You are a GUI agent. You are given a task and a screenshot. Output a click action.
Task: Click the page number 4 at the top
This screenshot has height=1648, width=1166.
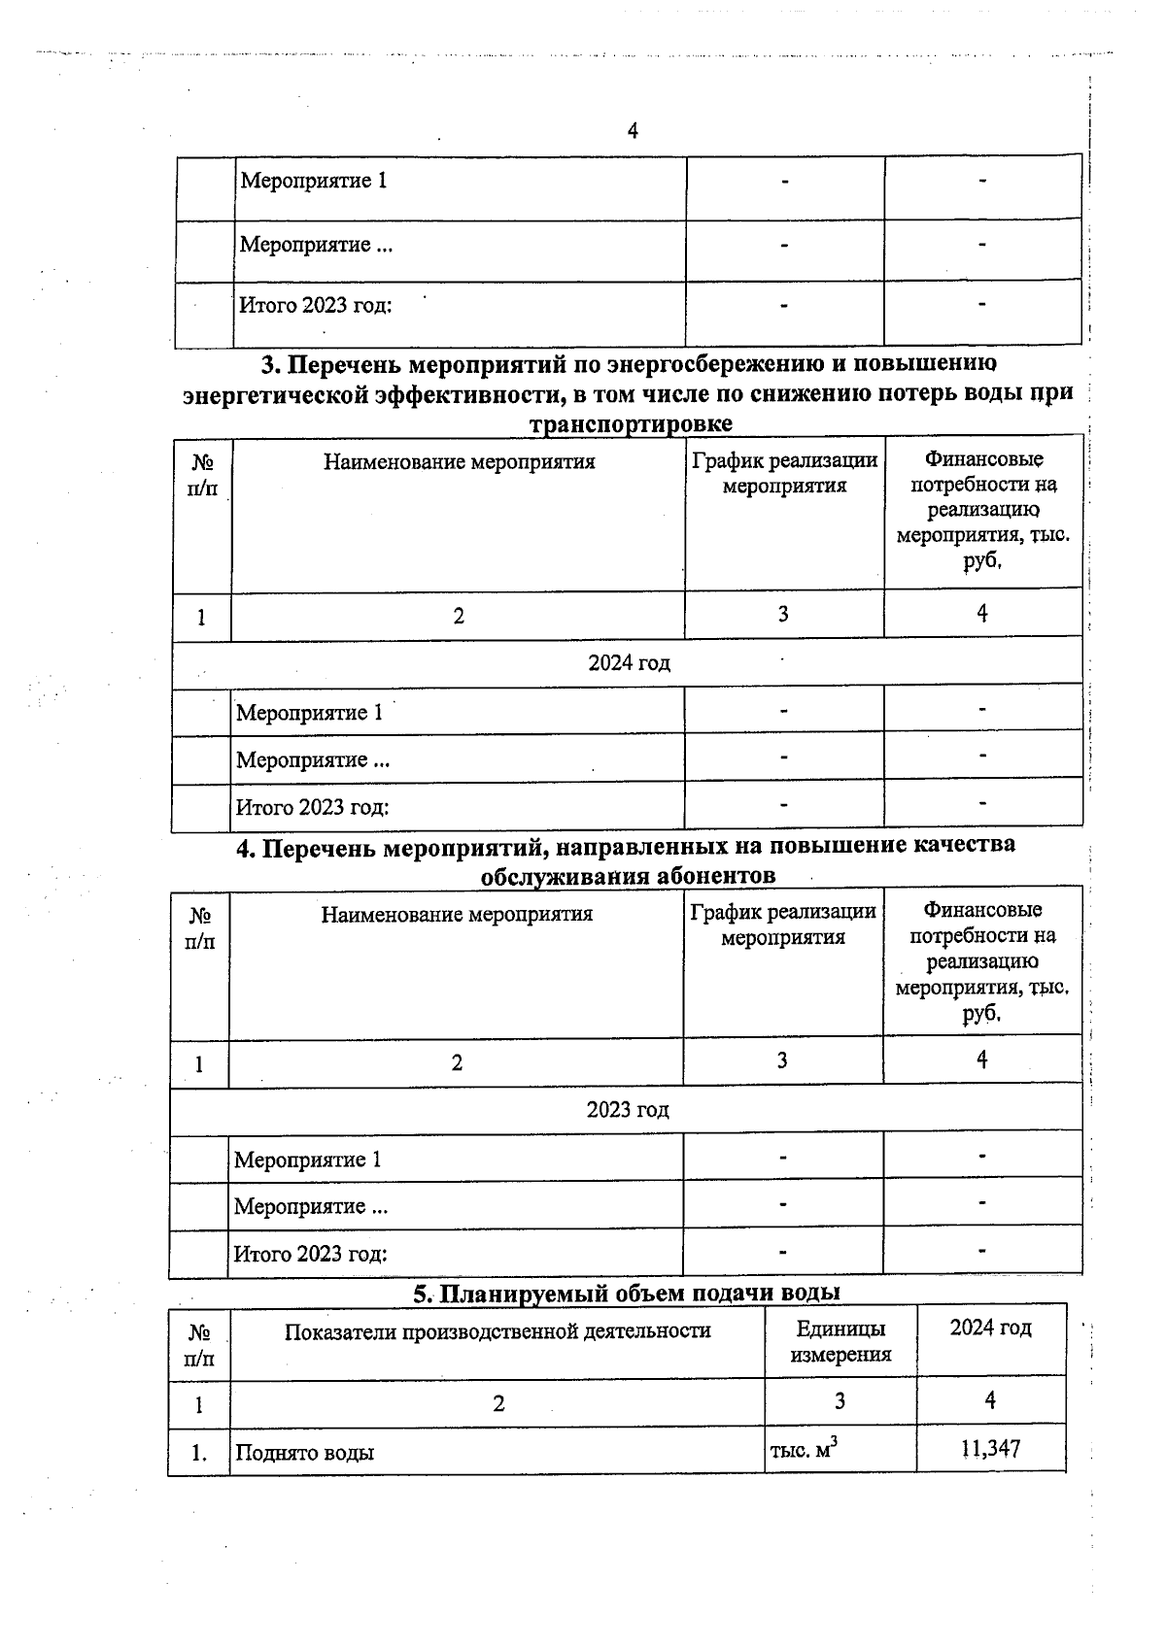[633, 131]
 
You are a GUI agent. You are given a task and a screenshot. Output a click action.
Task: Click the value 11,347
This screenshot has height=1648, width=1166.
[990, 1450]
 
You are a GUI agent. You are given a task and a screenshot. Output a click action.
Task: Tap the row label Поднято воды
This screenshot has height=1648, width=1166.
[304, 1453]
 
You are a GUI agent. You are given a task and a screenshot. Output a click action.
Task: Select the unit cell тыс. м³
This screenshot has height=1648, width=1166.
[804, 1451]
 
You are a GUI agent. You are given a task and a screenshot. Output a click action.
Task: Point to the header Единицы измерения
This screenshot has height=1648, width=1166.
[840, 1341]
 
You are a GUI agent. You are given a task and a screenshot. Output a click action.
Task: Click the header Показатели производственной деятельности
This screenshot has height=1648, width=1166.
[497, 1330]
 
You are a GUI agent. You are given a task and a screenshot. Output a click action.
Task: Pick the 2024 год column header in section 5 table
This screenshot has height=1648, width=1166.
[990, 1328]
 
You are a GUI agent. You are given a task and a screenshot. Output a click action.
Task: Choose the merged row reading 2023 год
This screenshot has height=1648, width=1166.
[628, 1109]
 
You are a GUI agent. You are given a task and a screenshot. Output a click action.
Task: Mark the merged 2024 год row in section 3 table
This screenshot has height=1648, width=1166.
[629, 662]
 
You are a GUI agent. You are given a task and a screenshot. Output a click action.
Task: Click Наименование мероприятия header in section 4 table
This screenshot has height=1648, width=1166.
[457, 914]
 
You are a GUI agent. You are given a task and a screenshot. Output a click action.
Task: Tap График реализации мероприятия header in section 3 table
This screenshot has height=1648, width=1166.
[784, 473]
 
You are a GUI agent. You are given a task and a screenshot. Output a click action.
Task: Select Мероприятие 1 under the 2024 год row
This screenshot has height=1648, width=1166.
[309, 713]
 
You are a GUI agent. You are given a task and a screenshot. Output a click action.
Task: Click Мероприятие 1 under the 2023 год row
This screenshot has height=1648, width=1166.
[307, 1160]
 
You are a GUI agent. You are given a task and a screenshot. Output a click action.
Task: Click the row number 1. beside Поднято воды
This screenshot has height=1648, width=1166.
[199, 1453]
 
